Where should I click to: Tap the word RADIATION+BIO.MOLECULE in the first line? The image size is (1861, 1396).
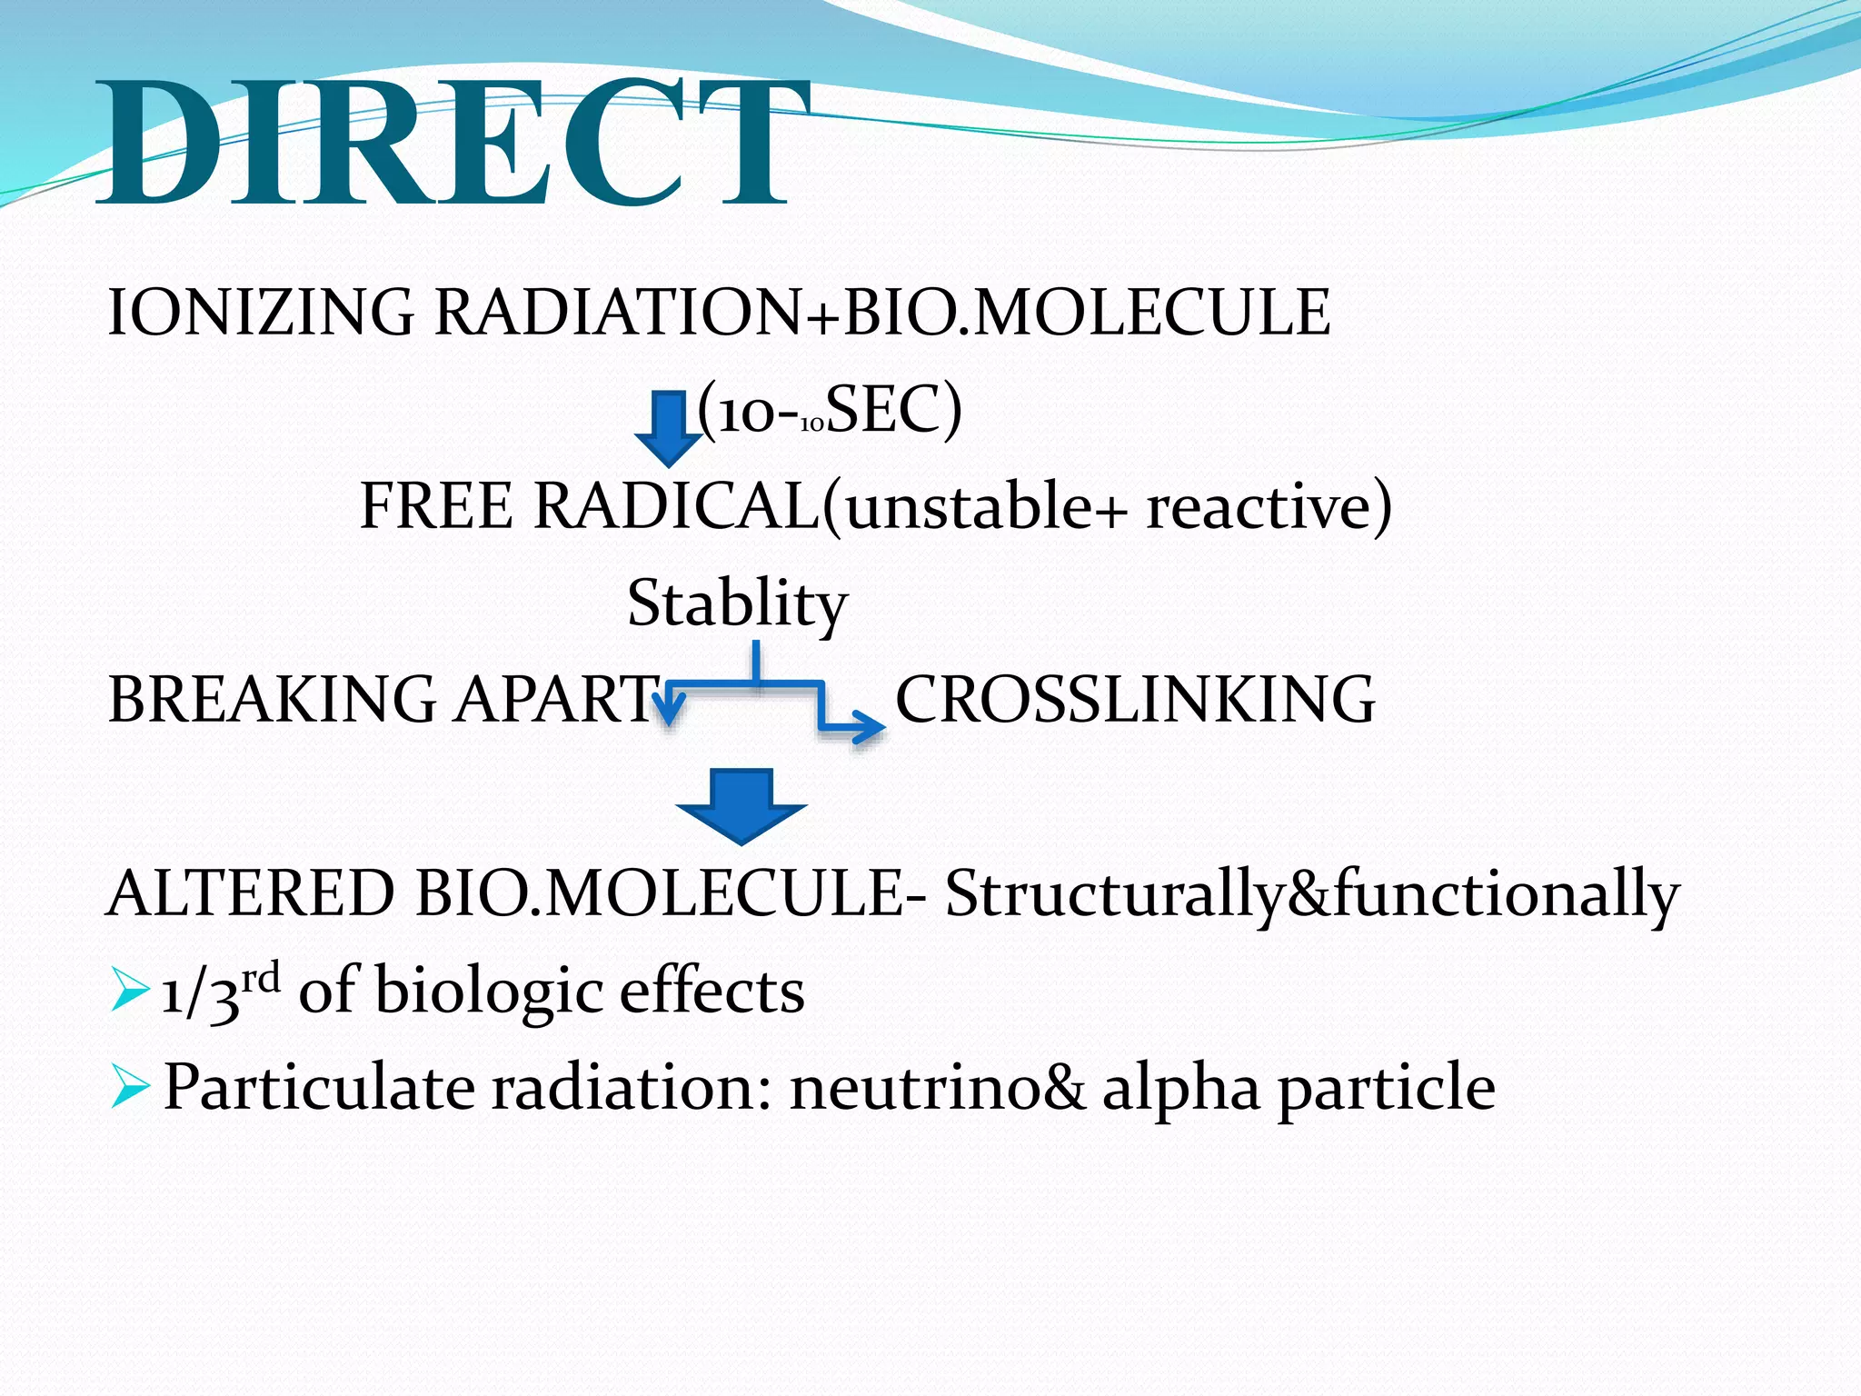pyautogui.click(x=882, y=312)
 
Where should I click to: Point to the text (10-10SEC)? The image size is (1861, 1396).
pyautogui.click(x=829, y=411)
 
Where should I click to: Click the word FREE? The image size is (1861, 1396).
pyautogui.click(x=435, y=505)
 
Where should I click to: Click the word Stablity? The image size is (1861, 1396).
pyautogui.click(x=737, y=603)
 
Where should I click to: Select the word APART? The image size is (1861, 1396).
pyautogui.click(x=555, y=699)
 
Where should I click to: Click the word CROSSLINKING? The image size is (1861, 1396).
pyautogui.click(x=1135, y=699)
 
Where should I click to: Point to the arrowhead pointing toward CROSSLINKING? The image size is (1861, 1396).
pyautogui.click(x=870, y=727)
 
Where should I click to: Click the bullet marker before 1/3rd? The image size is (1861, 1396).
pyautogui.click(x=128, y=991)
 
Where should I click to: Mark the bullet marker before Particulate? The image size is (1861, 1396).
pyautogui.click(x=128, y=1088)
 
